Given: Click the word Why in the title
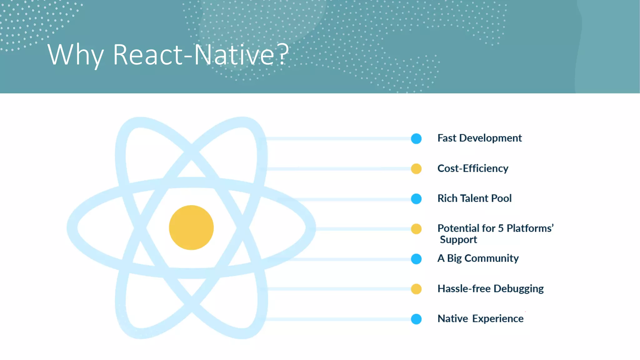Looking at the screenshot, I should click(x=75, y=55).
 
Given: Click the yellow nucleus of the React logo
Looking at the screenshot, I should click(x=191, y=227).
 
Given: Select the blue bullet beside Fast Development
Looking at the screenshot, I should click(x=416, y=138).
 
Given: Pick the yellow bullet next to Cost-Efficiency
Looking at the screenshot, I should click(x=416, y=169).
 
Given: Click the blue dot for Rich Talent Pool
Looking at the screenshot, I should click(x=416, y=199).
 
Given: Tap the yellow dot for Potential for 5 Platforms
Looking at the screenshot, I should click(x=416, y=229).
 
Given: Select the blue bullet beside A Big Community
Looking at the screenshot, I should click(x=416, y=259).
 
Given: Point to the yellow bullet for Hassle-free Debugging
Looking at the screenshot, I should click(x=416, y=289).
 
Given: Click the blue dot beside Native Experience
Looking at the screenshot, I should click(x=416, y=319).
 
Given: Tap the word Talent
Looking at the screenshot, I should click(x=474, y=198).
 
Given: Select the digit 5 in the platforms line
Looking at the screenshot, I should click(x=501, y=228).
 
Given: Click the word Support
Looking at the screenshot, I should click(x=458, y=240).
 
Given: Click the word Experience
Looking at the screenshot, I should click(x=497, y=319).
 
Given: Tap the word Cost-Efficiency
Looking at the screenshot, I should click(x=472, y=168).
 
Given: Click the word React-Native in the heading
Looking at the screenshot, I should click(x=194, y=55).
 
